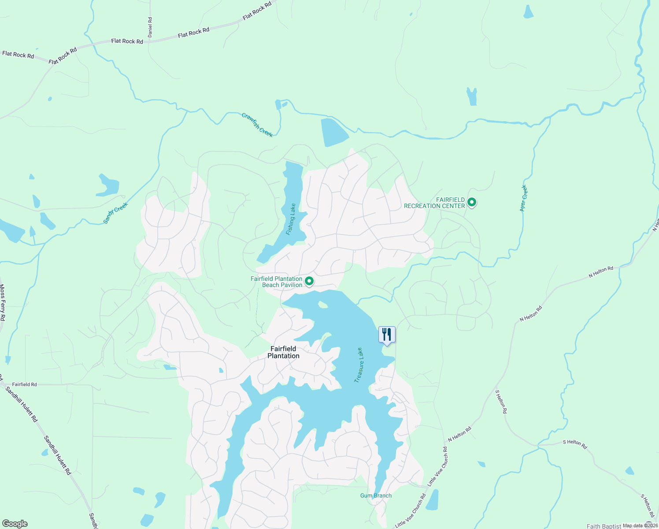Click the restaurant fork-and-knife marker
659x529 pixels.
pos(387,335)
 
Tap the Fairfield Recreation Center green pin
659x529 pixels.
pos(472,202)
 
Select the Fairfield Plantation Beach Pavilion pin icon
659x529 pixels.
pos(309,281)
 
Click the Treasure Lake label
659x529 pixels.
pos(359,365)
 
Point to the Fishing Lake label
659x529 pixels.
pos(291,219)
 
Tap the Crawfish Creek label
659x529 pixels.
pos(257,125)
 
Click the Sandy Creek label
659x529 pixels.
pos(115,213)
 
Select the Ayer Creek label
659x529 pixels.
pos(523,198)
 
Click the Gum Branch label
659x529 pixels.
pos(376,495)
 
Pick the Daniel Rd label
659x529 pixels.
pos(150,27)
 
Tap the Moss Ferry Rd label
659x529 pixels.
pos(3,302)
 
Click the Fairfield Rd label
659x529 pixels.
pos(25,384)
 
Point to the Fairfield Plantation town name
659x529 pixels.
pos(284,352)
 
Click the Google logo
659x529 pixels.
pos(15,524)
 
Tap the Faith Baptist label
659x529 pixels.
pos(603,526)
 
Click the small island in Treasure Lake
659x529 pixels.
pos(323,304)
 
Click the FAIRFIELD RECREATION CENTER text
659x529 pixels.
pos(434,203)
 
